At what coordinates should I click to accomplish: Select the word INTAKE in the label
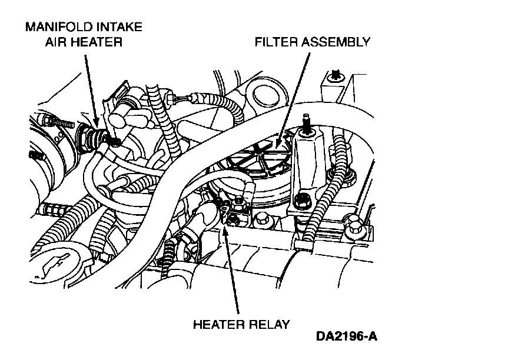tap(120, 27)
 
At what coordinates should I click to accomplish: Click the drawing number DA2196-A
tap(347, 337)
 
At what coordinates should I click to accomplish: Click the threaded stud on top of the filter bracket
tap(306, 121)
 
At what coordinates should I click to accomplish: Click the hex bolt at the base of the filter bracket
tap(303, 201)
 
